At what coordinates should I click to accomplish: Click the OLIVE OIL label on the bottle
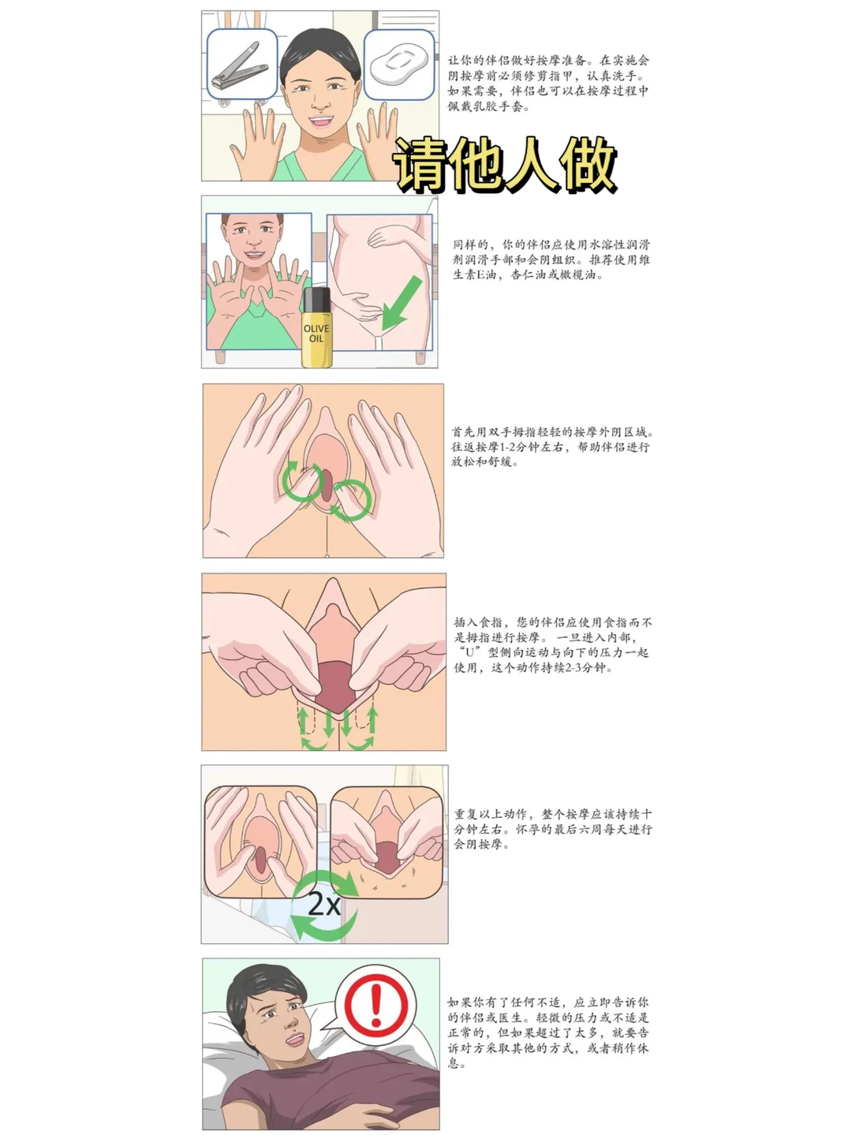pyautogui.click(x=316, y=334)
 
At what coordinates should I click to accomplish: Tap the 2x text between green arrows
pyautogui.click(x=324, y=905)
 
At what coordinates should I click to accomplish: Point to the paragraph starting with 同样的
pyautogui.click(x=551, y=259)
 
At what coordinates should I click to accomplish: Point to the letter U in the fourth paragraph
pyautogui.click(x=470, y=652)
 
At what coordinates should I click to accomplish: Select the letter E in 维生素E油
pyautogui.click(x=479, y=275)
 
